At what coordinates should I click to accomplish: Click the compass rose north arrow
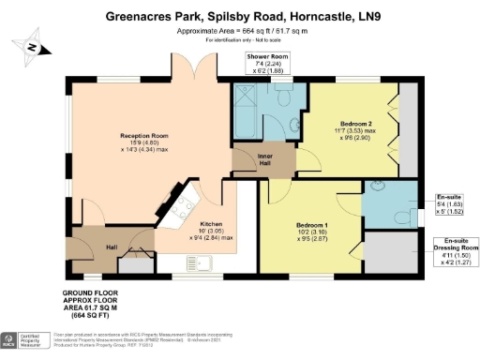click(x=32, y=47)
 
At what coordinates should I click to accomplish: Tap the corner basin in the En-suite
click(x=378, y=186)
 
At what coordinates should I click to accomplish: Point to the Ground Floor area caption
click(x=43, y=306)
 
